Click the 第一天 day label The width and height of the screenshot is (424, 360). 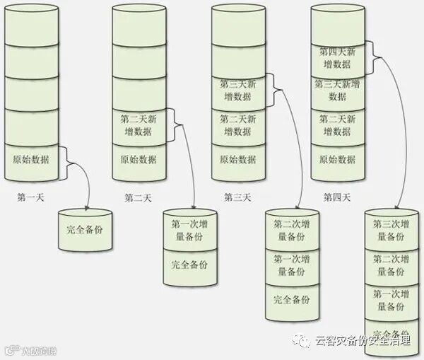point(30,197)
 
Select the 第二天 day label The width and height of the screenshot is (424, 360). point(138,197)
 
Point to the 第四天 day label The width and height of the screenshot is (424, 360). point(338,197)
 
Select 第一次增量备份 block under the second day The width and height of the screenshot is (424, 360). point(189,230)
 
